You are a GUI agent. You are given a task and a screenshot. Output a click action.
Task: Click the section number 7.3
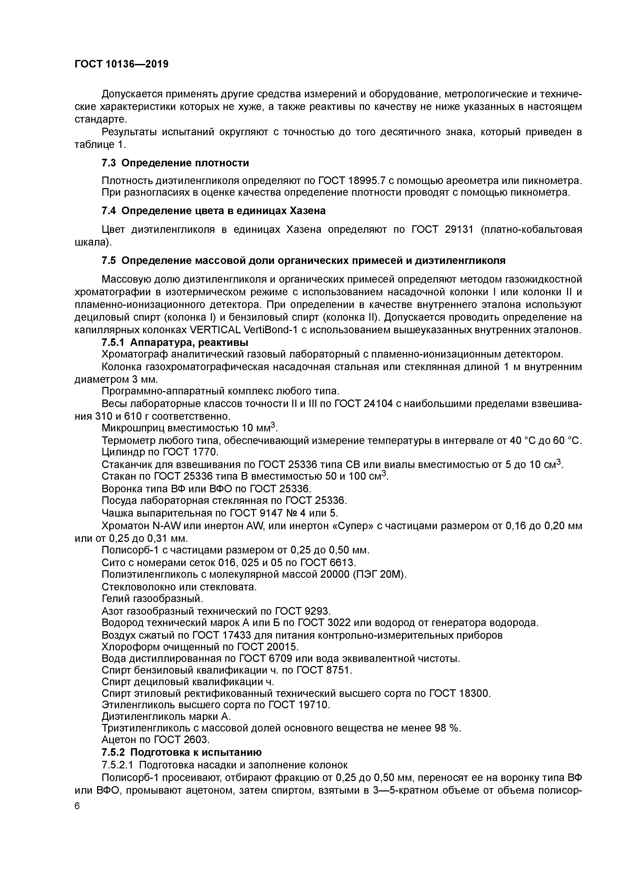[108, 163]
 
